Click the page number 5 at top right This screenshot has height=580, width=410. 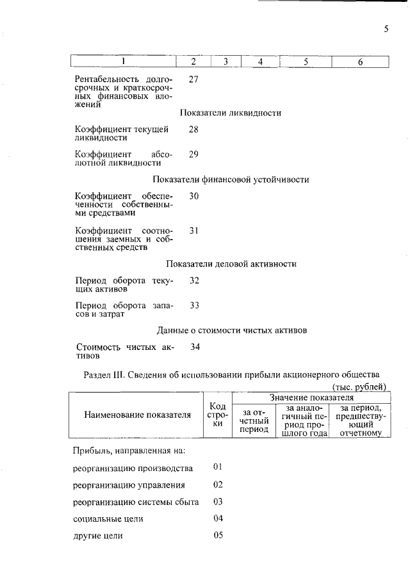pyautogui.click(x=386, y=28)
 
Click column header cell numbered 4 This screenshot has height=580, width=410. pyautogui.click(x=261, y=62)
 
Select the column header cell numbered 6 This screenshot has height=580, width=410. pyautogui.click(x=360, y=62)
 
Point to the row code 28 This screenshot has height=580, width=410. pyautogui.click(x=194, y=129)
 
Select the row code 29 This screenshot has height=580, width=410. pyautogui.click(x=194, y=154)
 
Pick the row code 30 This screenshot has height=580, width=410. pyautogui.click(x=194, y=196)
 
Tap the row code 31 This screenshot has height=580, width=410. pyautogui.click(x=194, y=229)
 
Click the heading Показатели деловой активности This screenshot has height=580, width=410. pyautogui.click(x=231, y=263)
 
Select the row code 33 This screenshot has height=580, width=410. pyautogui.click(x=194, y=305)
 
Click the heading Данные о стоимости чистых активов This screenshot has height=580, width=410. pyautogui.click(x=232, y=330)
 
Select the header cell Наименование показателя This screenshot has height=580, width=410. pyautogui.click(x=138, y=415)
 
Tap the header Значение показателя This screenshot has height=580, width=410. pyautogui.click(x=311, y=397)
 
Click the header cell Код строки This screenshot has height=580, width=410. pyautogui.click(x=217, y=415)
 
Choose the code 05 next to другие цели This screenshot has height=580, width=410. pyautogui.click(x=218, y=534)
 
